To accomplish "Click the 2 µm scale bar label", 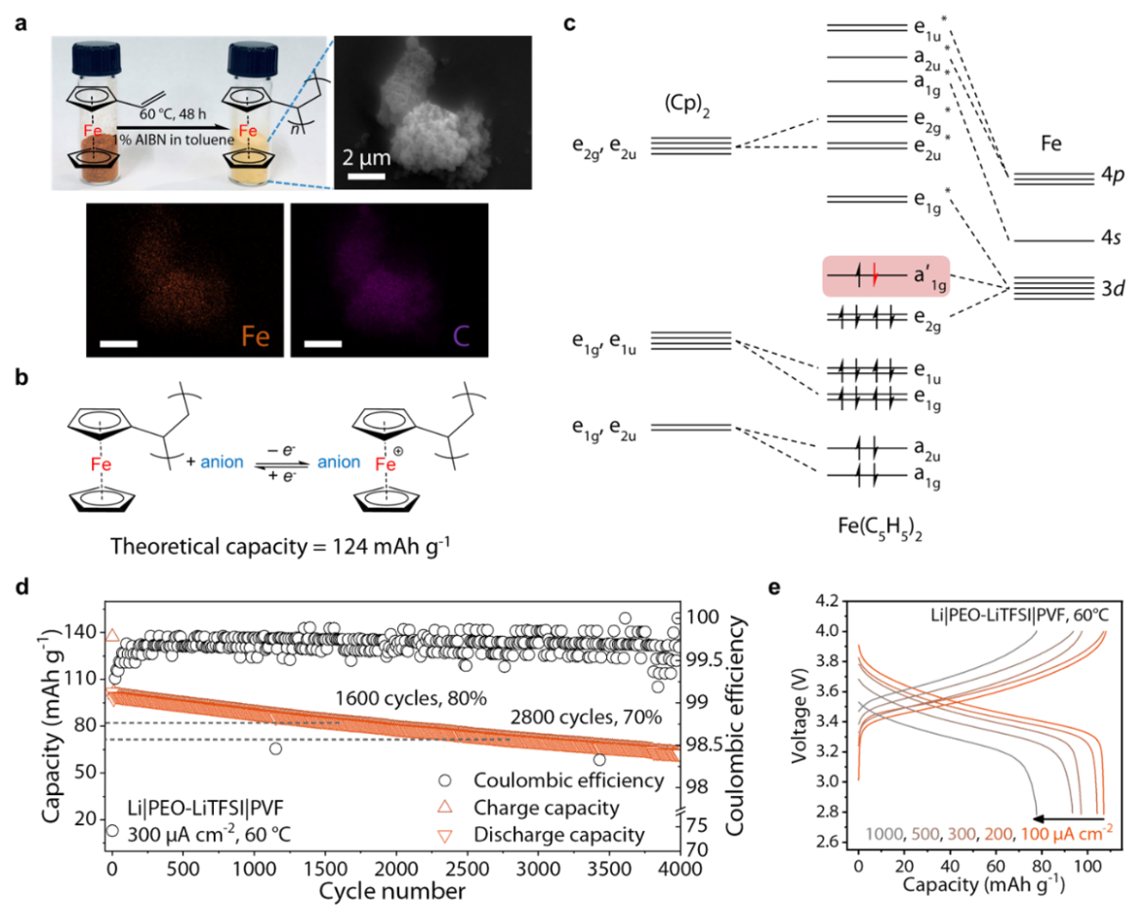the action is coord(366,157).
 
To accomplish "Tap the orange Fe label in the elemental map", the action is coord(256,336).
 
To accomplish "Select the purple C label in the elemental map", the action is coord(461,336).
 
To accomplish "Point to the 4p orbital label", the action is coord(1112,175).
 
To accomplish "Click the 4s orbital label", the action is coord(1111,237).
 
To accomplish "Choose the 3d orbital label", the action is coord(1113,289).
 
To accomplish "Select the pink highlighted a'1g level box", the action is coord(886,276).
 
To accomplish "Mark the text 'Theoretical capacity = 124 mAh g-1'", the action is coord(280,547).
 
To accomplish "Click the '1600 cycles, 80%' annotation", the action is coord(411,698).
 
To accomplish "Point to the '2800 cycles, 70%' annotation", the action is coord(586,717).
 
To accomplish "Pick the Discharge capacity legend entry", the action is coord(541,835).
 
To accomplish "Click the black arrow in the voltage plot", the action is coord(1068,818).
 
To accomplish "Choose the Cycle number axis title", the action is coord(391,892).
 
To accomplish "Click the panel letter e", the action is coord(774,587).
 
